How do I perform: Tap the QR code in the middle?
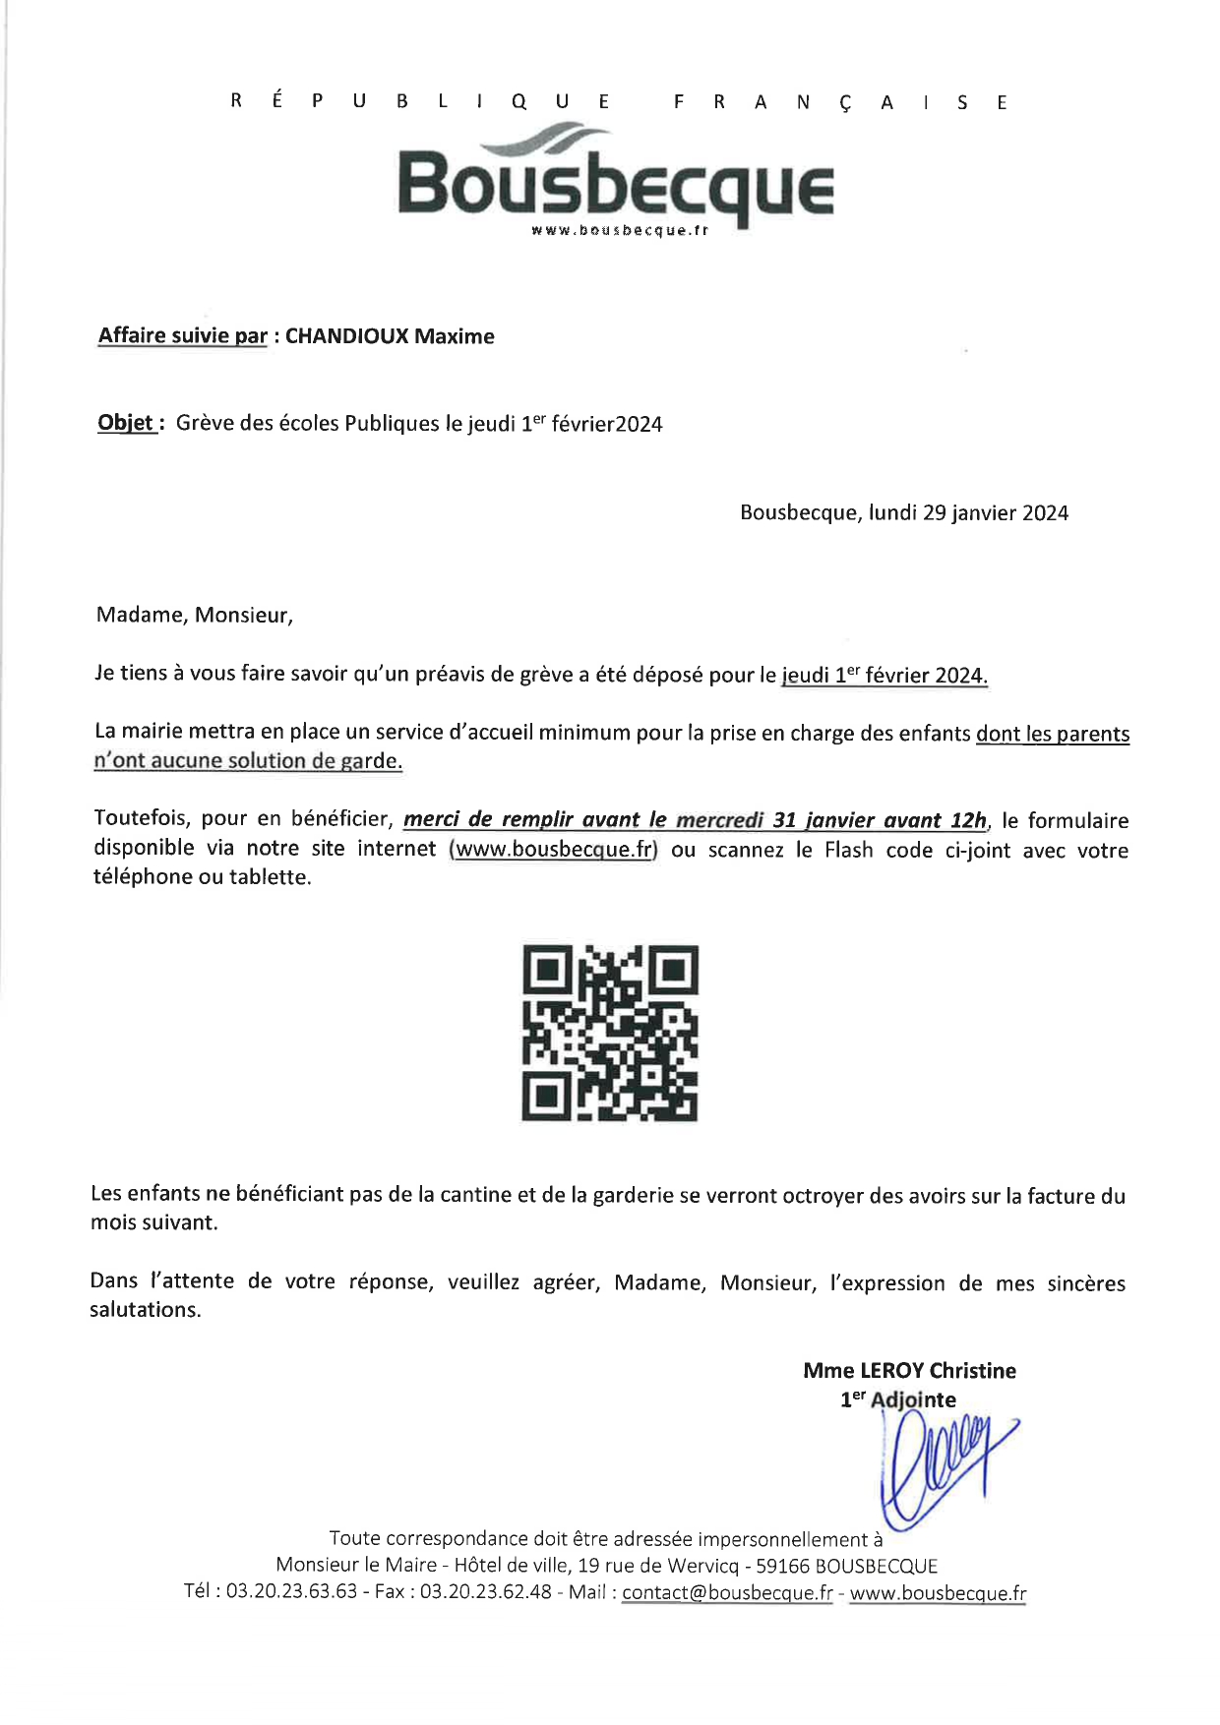pyautogui.click(x=610, y=1033)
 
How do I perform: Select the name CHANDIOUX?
pyautogui.click(x=346, y=336)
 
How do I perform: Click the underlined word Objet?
pyautogui.click(x=125, y=423)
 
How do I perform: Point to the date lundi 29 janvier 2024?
pyautogui.click(x=968, y=512)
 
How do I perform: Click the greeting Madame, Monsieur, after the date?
pyautogui.click(x=195, y=616)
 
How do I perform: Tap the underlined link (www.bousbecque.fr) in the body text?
pyautogui.click(x=553, y=849)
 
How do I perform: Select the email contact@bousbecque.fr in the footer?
pyautogui.click(x=727, y=1592)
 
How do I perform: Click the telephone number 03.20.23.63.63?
pyautogui.click(x=291, y=1592)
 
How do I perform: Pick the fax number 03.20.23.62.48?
pyautogui.click(x=485, y=1592)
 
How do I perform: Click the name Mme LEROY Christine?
pyautogui.click(x=909, y=1370)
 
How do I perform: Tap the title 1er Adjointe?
pyautogui.click(x=897, y=1399)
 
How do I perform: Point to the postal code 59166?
pyautogui.click(x=783, y=1566)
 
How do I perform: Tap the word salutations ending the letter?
pyautogui.click(x=144, y=1310)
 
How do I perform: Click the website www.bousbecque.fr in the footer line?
pyautogui.click(x=937, y=1592)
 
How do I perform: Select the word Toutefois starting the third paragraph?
pyautogui.click(x=141, y=818)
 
